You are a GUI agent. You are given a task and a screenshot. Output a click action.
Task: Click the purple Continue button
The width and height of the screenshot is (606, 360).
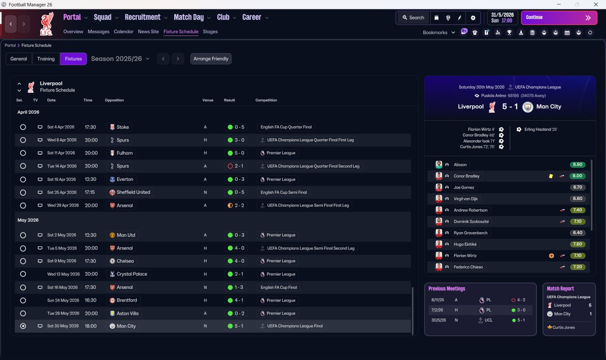pos(559,18)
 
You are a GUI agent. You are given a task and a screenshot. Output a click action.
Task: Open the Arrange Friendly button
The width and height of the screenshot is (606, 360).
pos(211,59)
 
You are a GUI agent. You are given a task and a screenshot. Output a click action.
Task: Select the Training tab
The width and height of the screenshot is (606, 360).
pos(46,59)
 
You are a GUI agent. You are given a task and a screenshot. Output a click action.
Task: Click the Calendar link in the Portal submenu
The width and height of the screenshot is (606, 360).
pos(124,32)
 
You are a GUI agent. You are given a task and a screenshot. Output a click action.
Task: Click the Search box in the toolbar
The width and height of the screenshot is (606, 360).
pos(413,18)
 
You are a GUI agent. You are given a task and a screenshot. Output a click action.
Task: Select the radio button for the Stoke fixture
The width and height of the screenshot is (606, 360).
pos(23,127)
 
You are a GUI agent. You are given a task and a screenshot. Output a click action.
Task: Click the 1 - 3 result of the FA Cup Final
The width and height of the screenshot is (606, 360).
pos(239,287)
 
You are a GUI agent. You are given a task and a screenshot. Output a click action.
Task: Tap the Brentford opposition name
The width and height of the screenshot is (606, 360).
pos(126,300)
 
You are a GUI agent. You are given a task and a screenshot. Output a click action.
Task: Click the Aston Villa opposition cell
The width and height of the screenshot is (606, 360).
pos(128,313)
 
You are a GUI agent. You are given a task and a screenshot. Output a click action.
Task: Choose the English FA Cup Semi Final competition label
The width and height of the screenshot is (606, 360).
pos(283,192)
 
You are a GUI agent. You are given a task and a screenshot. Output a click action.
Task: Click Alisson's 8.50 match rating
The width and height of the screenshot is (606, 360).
pos(578,165)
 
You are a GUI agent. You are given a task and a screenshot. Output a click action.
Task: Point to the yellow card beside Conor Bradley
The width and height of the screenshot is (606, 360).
pos(551,176)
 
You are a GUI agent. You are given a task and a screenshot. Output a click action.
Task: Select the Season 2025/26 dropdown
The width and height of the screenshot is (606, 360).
pos(120,59)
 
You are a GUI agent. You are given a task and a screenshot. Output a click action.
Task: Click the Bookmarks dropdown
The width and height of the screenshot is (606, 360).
pos(438,33)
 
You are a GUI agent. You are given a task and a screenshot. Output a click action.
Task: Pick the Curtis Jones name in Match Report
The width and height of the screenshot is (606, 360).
pos(563,327)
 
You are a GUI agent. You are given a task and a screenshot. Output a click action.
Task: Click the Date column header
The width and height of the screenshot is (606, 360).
pos(51,100)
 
